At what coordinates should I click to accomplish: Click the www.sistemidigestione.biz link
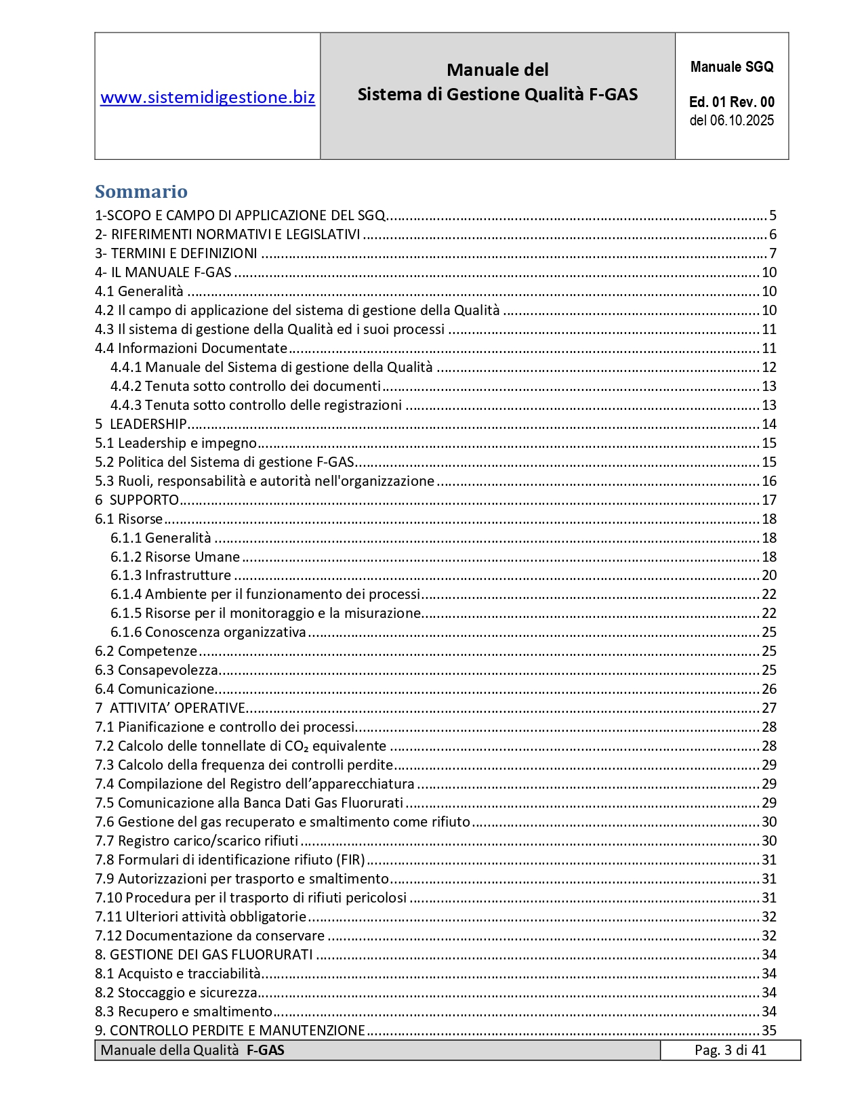pyautogui.click(x=207, y=98)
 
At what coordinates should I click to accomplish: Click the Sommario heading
pyautogui.click(x=141, y=192)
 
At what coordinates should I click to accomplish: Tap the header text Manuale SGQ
pyautogui.click(x=731, y=67)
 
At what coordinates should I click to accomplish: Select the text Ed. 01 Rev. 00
pyautogui.click(x=731, y=102)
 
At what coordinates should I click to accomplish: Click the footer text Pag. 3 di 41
pyautogui.click(x=730, y=1050)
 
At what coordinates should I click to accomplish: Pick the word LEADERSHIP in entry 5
pyautogui.click(x=148, y=424)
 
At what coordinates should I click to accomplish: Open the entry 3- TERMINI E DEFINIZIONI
pyautogui.click(x=176, y=253)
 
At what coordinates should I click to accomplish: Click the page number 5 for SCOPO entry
pyautogui.click(x=773, y=215)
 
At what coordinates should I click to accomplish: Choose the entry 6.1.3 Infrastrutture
pyautogui.click(x=171, y=575)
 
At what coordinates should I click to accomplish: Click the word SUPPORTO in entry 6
pyautogui.click(x=144, y=500)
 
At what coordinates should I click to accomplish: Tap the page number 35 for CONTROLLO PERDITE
pyautogui.click(x=769, y=1031)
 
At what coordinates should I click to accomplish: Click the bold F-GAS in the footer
pyautogui.click(x=265, y=1050)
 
